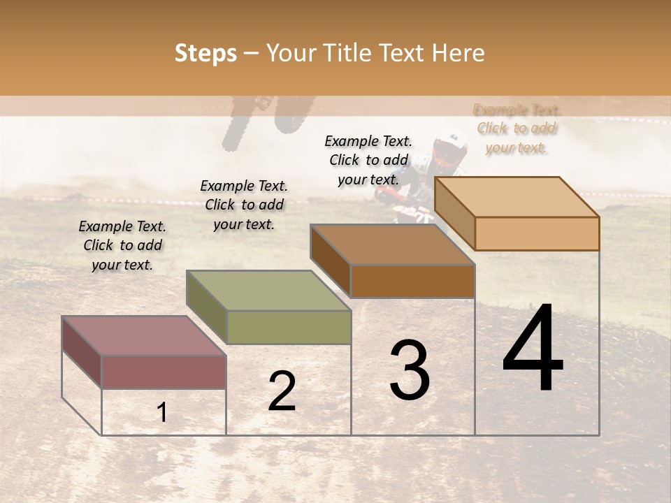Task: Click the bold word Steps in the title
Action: [x=205, y=53]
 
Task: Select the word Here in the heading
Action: [x=458, y=53]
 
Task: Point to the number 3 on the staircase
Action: [x=409, y=371]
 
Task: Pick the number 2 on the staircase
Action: [x=282, y=391]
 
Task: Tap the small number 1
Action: [x=161, y=413]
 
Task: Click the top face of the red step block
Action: [x=144, y=335]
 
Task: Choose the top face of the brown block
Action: [x=392, y=245]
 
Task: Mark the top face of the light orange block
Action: [x=517, y=197]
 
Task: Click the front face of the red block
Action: [x=164, y=372]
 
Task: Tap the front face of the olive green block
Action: [x=289, y=327]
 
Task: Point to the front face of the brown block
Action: [x=412, y=281]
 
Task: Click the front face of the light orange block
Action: [x=537, y=233]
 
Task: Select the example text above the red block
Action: [x=122, y=246]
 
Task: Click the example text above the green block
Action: [x=244, y=205]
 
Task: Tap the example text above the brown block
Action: [x=368, y=160]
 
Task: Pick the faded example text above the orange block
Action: [x=517, y=129]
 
